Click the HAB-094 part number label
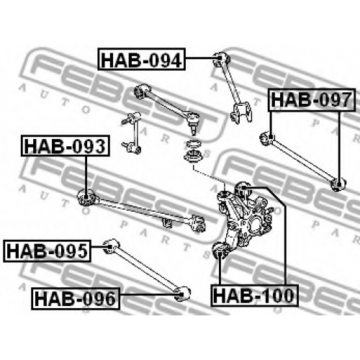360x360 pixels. [142, 59]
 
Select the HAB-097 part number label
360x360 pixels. [312, 100]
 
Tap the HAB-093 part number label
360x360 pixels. [66, 145]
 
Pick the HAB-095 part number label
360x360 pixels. [47, 251]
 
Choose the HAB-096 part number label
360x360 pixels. [76, 299]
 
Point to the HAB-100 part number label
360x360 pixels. [254, 295]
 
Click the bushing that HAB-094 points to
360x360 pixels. [221, 58]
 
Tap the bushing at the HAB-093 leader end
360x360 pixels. [86, 197]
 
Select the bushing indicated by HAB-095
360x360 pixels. [111, 246]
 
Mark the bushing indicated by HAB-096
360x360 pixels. [182, 294]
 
